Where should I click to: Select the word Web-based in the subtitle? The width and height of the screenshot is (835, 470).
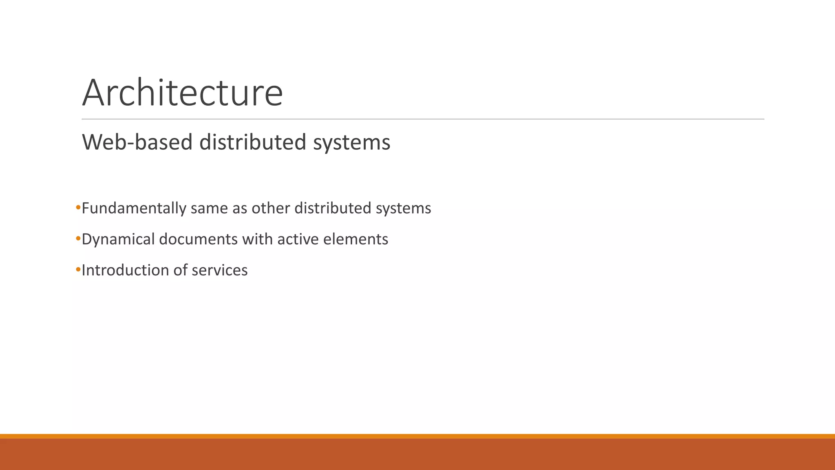click(x=137, y=142)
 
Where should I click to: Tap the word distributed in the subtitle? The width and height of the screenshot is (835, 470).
click(x=252, y=142)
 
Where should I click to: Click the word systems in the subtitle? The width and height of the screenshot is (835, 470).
click(x=351, y=143)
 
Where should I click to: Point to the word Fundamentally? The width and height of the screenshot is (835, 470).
click(x=134, y=208)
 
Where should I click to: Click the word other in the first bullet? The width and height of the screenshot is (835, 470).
click(x=270, y=208)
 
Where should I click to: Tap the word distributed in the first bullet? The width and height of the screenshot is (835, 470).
click(x=333, y=208)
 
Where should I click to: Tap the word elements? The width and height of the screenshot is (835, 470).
click(x=356, y=239)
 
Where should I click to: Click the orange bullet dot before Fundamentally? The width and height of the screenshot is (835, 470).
click(x=78, y=208)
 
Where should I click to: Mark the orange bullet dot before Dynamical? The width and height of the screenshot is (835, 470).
click(x=78, y=239)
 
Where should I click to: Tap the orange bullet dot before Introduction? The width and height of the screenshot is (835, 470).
click(x=78, y=270)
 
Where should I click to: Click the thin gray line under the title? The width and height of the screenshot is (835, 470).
click(x=423, y=119)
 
